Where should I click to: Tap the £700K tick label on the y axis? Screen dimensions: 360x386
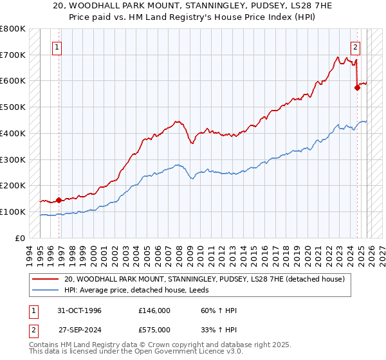click(x=12, y=55)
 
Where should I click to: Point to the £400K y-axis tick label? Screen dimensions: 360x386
click(x=12, y=133)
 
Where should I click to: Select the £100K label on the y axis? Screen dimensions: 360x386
click(x=12, y=212)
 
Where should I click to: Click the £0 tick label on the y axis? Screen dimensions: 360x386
click(x=20, y=238)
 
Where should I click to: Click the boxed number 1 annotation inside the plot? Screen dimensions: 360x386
click(x=58, y=46)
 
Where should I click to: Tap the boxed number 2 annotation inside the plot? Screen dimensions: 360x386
click(x=356, y=46)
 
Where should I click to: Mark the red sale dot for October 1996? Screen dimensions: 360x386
click(x=59, y=200)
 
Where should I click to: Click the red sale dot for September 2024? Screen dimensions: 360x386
click(x=357, y=87)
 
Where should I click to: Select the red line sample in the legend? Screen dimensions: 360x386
click(x=46, y=279)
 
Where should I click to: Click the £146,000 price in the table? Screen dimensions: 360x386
click(x=154, y=310)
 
